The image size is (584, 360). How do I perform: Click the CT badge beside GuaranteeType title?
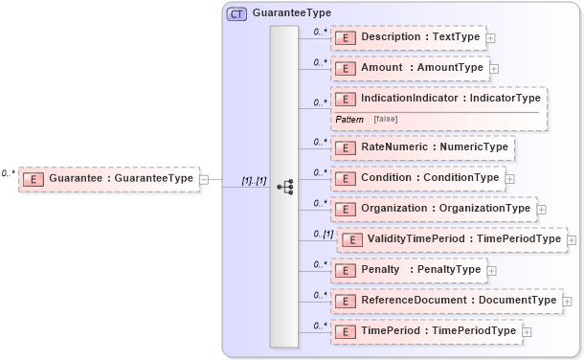point(236,13)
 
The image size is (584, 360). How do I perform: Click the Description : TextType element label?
point(420,37)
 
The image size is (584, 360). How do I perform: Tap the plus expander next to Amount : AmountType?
point(494,68)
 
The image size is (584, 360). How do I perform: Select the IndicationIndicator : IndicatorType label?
point(451,98)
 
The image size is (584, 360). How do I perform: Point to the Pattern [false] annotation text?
point(367,119)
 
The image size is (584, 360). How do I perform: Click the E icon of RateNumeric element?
point(345,148)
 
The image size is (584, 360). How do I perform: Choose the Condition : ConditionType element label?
point(429,177)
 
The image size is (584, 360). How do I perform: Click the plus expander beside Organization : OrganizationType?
point(541,208)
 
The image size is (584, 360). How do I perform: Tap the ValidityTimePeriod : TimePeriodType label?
point(464,238)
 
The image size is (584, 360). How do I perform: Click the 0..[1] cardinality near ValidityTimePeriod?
point(323,234)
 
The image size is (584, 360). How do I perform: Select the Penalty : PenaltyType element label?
point(420,269)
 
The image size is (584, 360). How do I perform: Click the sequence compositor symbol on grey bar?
point(284,187)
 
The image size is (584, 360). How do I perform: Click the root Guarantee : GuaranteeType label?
point(121,178)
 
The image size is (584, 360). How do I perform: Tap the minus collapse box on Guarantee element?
point(204,178)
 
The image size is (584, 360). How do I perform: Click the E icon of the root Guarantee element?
point(33,178)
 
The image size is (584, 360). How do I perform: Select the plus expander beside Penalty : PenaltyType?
point(491,270)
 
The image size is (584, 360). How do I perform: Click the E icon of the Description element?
point(345,37)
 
